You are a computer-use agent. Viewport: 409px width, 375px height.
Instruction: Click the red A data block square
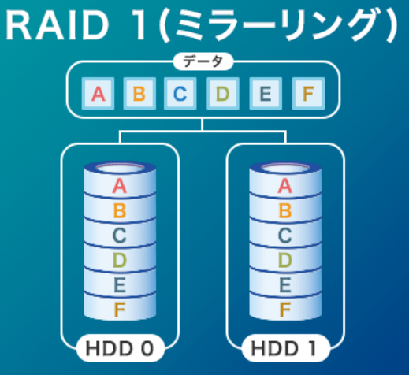tap(98, 94)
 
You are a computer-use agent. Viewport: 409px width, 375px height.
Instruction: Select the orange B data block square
tap(139, 94)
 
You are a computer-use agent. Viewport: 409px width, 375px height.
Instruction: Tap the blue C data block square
tap(180, 94)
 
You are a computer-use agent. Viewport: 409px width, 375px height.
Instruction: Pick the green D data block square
tap(223, 94)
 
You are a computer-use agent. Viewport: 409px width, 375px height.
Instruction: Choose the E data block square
tap(266, 94)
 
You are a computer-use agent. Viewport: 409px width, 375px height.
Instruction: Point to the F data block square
tap(308, 94)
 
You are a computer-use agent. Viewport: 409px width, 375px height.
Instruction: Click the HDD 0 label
tap(120, 349)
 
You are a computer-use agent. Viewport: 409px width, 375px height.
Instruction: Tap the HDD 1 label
tap(284, 349)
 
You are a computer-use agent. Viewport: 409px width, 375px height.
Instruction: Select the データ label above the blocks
tap(203, 61)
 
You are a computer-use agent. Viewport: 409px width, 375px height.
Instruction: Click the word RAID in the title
tap(57, 25)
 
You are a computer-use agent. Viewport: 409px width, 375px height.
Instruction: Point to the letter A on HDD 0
tap(120, 186)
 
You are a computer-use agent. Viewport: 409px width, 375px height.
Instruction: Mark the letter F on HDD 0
tap(120, 310)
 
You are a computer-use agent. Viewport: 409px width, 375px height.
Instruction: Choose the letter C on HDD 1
tap(284, 236)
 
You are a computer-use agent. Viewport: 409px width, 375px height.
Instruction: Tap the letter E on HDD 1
tap(284, 285)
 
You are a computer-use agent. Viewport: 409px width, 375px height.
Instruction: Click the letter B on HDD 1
tap(285, 210)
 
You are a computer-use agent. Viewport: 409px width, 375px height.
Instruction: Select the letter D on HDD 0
tap(120, 260)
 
